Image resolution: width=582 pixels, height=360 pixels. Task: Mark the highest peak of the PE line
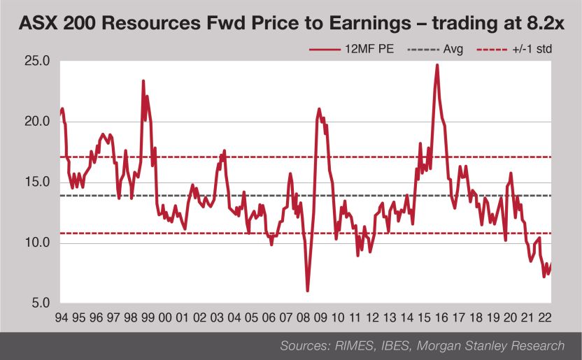click(436, 65)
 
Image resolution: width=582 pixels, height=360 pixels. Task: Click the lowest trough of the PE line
click(308, 290)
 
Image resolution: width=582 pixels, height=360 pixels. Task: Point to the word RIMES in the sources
click(346, 345)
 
